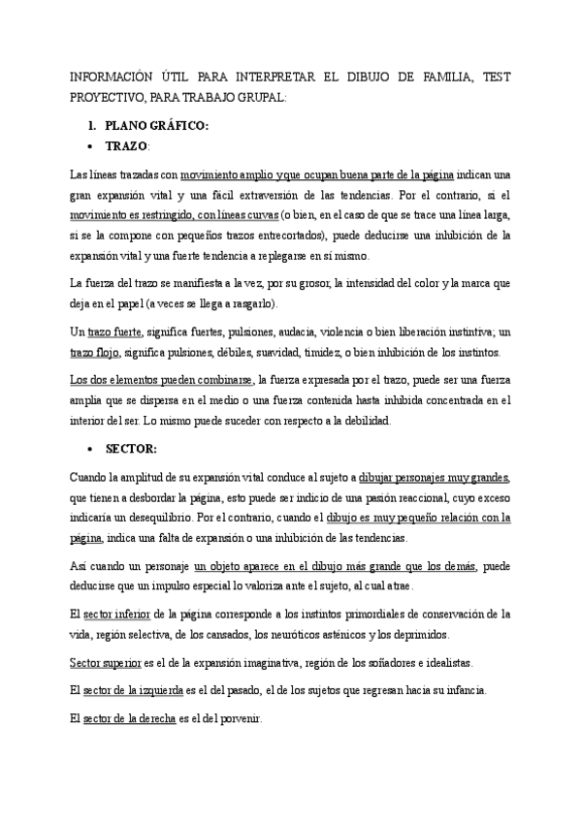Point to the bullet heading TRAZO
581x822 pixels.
coord(126,146)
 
